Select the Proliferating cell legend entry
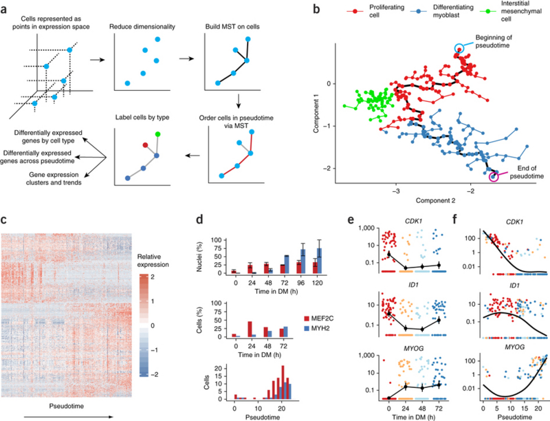[x=375, y=11]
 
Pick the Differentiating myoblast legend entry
[x=442, y=11]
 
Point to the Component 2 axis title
[x=435, y=201]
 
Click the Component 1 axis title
[x=316, y=116]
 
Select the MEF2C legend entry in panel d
[x=318, y=319]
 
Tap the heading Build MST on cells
[x=232, y=27]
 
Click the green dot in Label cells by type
[x=157, y=133]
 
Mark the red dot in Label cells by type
[x=146, y=144]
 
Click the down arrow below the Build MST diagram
[x=239, y=101]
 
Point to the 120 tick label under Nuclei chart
[x=317, y=283]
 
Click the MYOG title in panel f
[x=514, y=347]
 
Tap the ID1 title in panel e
[x=414, y=285]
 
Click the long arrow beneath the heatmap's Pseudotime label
[x=69, y=417]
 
